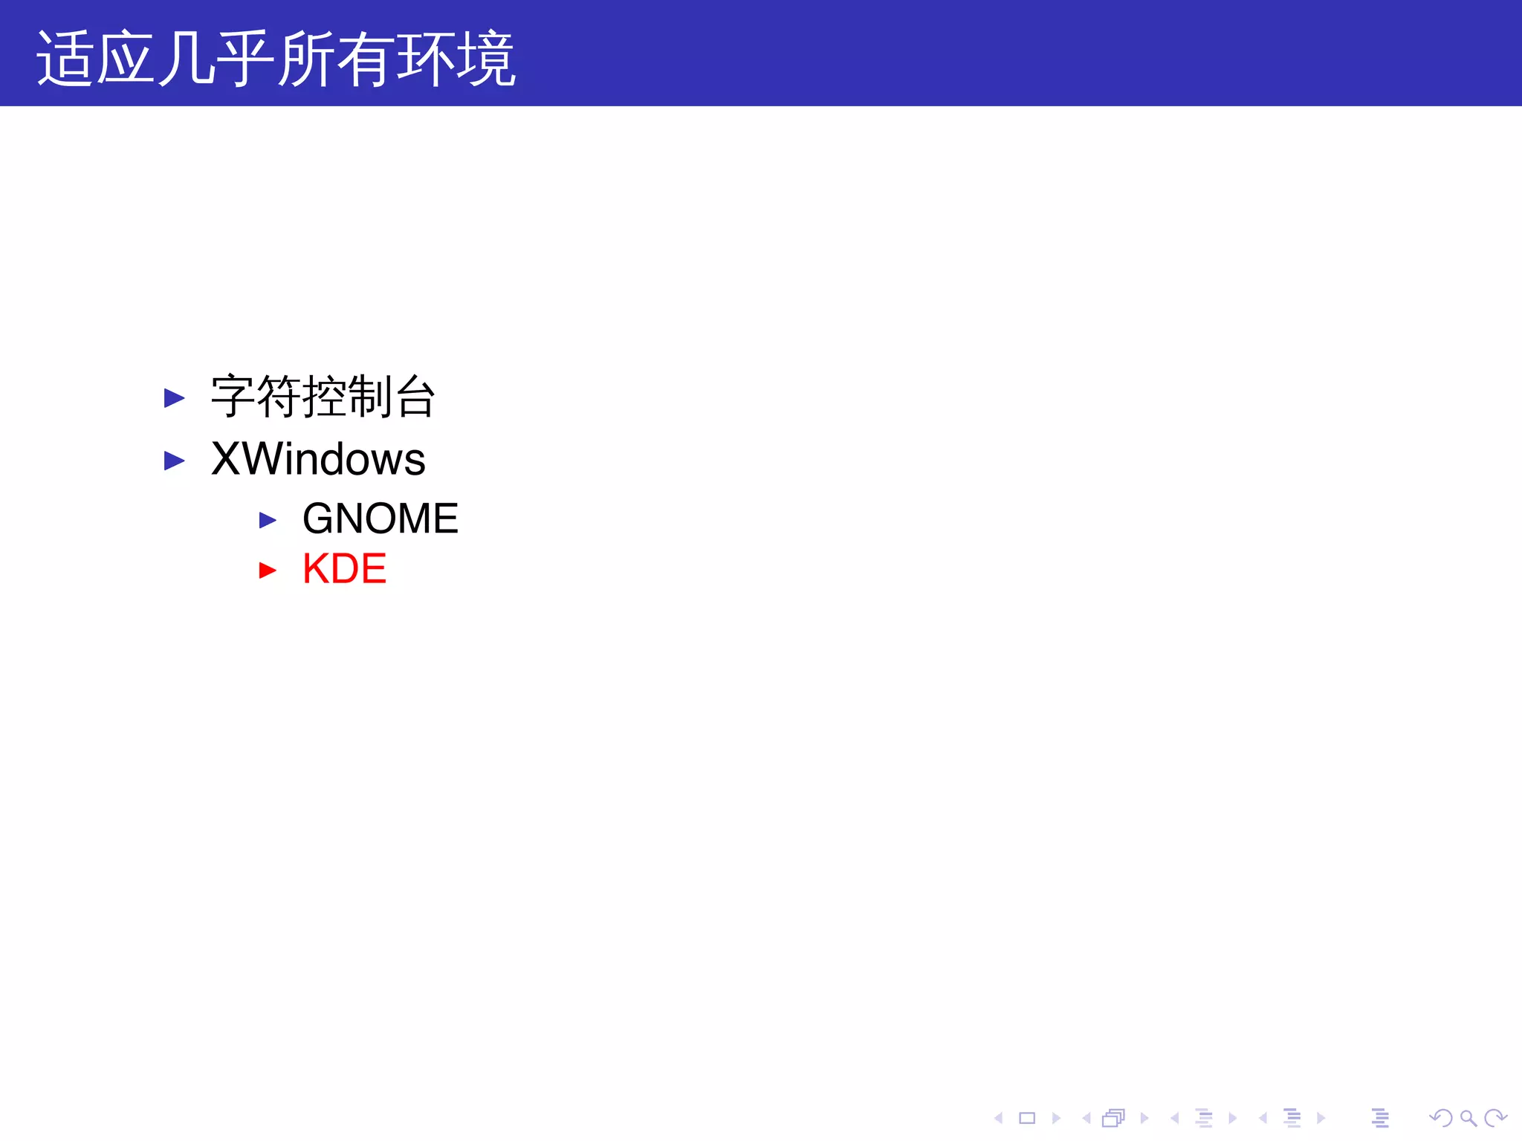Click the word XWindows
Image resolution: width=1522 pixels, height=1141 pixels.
pyautogui.click(x=318, y=459)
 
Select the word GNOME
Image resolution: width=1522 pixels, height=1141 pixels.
pyautogui.click(x=380, y=519)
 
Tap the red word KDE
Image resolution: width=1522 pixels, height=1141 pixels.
pyautogui.click(x=344, y=569)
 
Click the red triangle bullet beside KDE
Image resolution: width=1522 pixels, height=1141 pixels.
pyautogui.click(x=268, y=570)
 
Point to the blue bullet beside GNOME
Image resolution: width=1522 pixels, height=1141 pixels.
pyautogui.click(x=268, y=520)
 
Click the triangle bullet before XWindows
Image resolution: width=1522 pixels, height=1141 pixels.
pyautogui.click(x=174, y=461)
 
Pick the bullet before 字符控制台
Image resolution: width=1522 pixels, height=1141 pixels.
pyautogui.click(x=174, y=398)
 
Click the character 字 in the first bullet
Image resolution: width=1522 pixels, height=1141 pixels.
pyautogui.click(x=233, y=397)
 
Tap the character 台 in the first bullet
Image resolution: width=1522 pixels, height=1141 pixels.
pyautogui.click(x=415, y=397)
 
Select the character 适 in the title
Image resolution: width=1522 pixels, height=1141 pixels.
pyautogui.click(x=65, y=59)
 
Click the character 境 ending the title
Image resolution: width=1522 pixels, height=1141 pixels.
pyautogui.click(x=486, y=59)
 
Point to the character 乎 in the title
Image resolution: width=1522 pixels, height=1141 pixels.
pyautogui.click(x=245, y=59)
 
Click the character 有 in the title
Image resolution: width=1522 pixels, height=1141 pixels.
pyautogui.click(x=366, y=59)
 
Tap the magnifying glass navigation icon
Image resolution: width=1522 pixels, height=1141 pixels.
pyautogui.click(x=1468, y=1118)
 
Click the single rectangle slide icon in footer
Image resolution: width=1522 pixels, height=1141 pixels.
pyautogui.click(x=1027, y=1118)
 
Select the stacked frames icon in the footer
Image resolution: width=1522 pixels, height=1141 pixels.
pyautogui.click(x=1113, y=1118)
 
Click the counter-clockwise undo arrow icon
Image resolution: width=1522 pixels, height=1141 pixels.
pyautogui.click(x=1441, y=1118)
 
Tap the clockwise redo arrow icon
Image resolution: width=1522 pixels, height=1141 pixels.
pyautogui.click(x=1495, y=1118)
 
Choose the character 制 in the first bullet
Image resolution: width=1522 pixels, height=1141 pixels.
pyautogui.click(x=369, y=397)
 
